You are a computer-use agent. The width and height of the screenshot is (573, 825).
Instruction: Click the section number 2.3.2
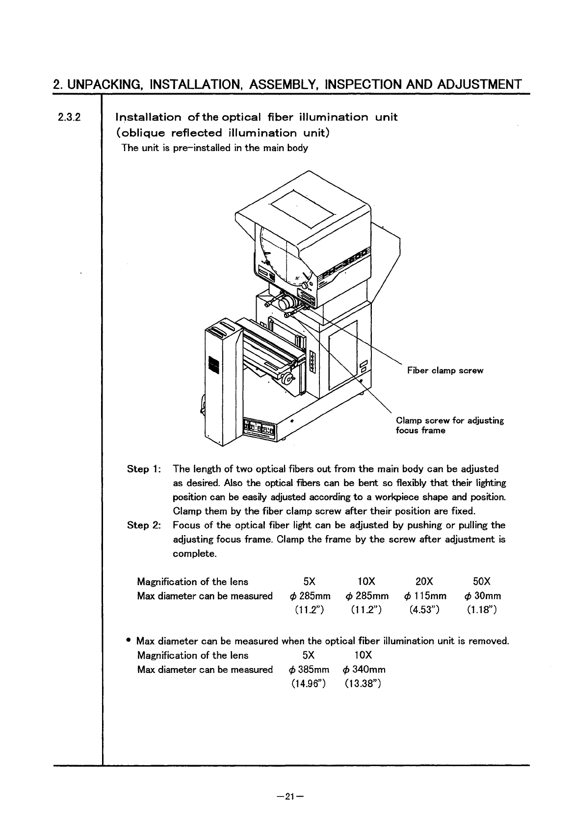point(68,117)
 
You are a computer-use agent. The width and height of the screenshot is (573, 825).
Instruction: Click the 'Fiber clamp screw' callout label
point(445,371)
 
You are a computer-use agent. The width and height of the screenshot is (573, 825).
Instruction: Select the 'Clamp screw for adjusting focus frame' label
point(449,425)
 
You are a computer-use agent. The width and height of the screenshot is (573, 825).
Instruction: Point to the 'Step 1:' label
point(142,469)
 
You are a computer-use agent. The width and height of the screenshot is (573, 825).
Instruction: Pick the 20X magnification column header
point(423,582)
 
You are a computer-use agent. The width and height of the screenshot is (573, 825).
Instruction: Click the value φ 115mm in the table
point(425,596)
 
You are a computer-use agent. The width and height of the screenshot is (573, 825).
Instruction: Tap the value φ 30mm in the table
point(482,596)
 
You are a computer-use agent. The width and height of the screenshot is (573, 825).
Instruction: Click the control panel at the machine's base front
point(260,429)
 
